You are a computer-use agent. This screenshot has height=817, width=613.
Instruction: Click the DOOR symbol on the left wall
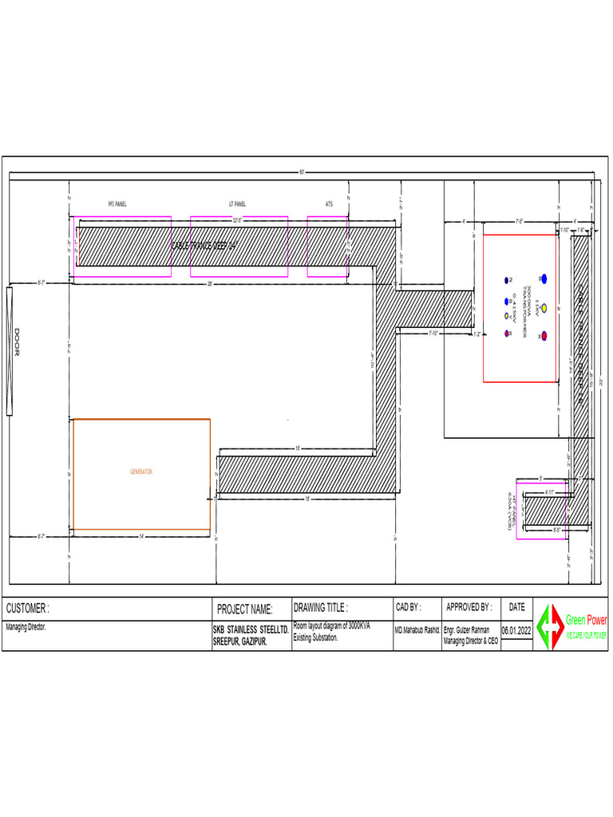click(10, 352)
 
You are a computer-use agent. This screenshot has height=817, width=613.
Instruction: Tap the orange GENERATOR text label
click(141, 472)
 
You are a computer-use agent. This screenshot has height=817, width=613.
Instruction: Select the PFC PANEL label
click(117, 204)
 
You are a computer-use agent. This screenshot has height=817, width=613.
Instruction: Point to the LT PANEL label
click(237, 204)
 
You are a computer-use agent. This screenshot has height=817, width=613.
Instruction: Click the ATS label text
click(329, 204)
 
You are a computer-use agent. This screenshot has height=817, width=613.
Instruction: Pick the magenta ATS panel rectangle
click(328, 247)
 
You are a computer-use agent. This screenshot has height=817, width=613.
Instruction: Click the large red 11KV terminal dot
click(544, 335)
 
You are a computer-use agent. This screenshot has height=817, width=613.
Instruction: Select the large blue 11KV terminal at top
click(544, 278)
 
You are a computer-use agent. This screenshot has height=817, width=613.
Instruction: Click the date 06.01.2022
click(516, 630)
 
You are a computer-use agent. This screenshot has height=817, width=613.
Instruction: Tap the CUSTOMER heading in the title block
click(28, 608)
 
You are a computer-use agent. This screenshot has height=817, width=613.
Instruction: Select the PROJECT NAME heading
click(245, 610)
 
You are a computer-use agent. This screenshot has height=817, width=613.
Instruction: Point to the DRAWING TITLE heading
click(321, 607)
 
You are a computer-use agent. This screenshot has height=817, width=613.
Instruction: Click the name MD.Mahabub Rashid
click(417, 630)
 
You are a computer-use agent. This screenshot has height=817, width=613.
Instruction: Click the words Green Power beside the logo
click(587, 620)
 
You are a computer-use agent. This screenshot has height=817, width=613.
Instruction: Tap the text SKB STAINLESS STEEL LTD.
click(250, 629)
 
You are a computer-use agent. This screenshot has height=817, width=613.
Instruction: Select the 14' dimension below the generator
click(141, 535)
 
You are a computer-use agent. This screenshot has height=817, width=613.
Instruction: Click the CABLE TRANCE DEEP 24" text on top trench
click(204, 246)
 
